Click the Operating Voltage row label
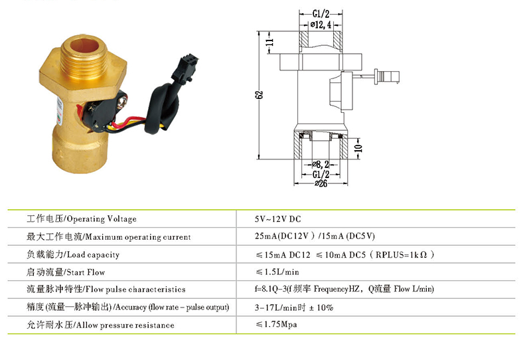81,219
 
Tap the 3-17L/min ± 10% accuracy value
294,308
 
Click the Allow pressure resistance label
100,325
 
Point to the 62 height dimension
259,94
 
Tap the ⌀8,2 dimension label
321,163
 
